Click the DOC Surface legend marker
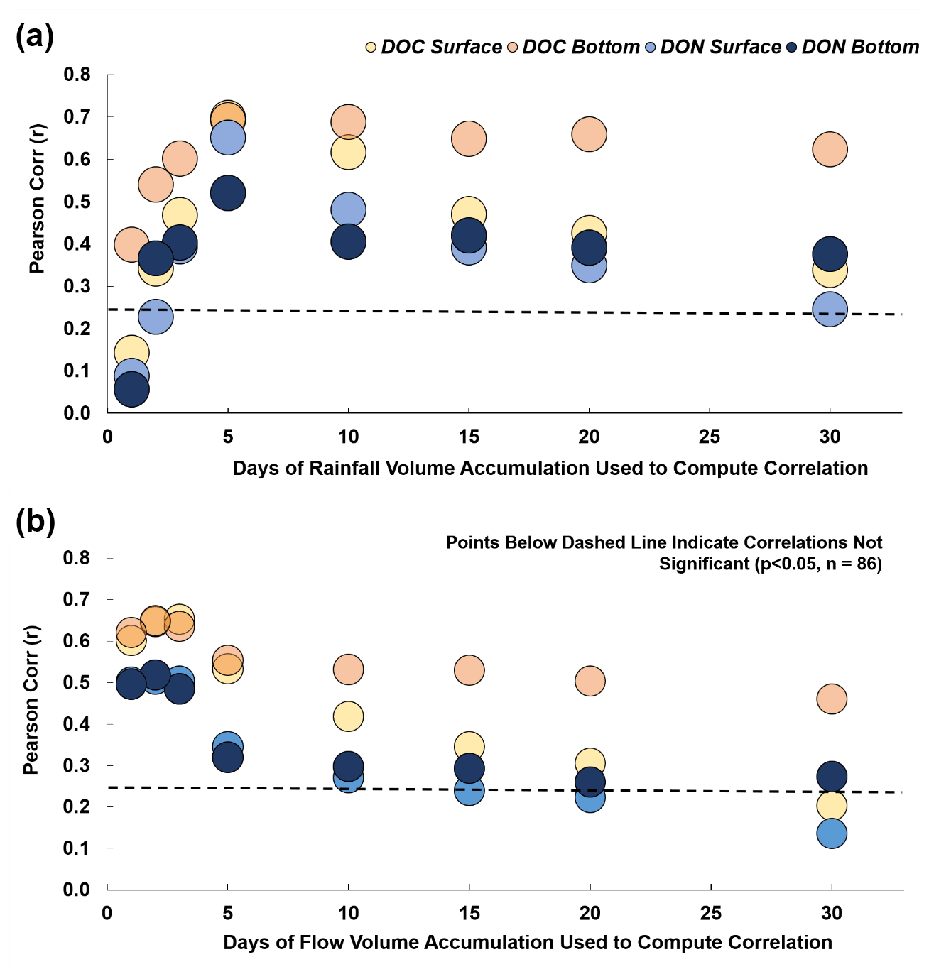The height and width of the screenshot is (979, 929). (x=371, y=48)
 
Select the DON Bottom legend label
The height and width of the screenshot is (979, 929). (x=860, y=48)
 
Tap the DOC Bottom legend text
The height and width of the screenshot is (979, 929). (x=581, y=48)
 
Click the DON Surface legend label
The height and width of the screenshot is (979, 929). (x=720, y=48)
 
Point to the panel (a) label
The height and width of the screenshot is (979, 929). (x=35, y=35)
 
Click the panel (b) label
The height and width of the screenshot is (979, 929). (x=35, y=521)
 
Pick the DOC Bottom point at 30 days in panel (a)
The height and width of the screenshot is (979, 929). (x=830, y=149)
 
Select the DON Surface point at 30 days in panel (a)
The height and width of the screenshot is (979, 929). (x=830, y=310)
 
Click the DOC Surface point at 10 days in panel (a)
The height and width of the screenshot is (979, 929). (x=348, y=152)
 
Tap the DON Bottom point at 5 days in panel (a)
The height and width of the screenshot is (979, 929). (x=228, y=193)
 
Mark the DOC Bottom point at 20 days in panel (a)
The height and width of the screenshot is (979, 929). (x=589, y=134)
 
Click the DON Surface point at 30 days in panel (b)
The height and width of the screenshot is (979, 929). (x=832, y=833)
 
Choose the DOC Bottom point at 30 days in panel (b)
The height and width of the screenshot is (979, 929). (x=832, y=699)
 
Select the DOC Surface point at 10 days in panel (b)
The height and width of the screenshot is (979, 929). (x=348, y=716)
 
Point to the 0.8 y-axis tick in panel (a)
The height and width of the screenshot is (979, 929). (x=77, y=75)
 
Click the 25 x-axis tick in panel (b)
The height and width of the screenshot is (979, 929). (x=710, y=913)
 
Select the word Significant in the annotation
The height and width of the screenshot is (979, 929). (x=704, y=564)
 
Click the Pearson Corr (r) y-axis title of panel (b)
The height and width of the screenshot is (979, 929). (x=31, y=699)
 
